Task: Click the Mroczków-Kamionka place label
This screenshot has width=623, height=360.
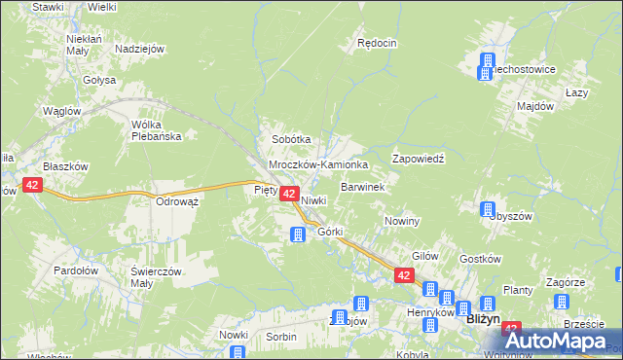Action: [x=318, y=165]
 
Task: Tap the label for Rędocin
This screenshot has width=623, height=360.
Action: [x=377, y=43]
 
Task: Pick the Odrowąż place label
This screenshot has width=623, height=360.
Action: [x=177, y=201]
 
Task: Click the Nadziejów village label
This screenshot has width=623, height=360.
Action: [x=139, y=50]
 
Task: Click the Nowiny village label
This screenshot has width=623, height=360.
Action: [x=401, y=221]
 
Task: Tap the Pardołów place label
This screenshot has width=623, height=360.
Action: [x=75, y=270]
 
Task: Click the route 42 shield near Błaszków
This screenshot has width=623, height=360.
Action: [x=33, y=185]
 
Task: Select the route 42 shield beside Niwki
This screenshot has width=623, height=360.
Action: [x=289, y=195]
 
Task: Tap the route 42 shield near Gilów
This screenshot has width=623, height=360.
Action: [x=404, y=276]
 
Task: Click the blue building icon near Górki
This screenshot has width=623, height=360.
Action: [x=299, y=234]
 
